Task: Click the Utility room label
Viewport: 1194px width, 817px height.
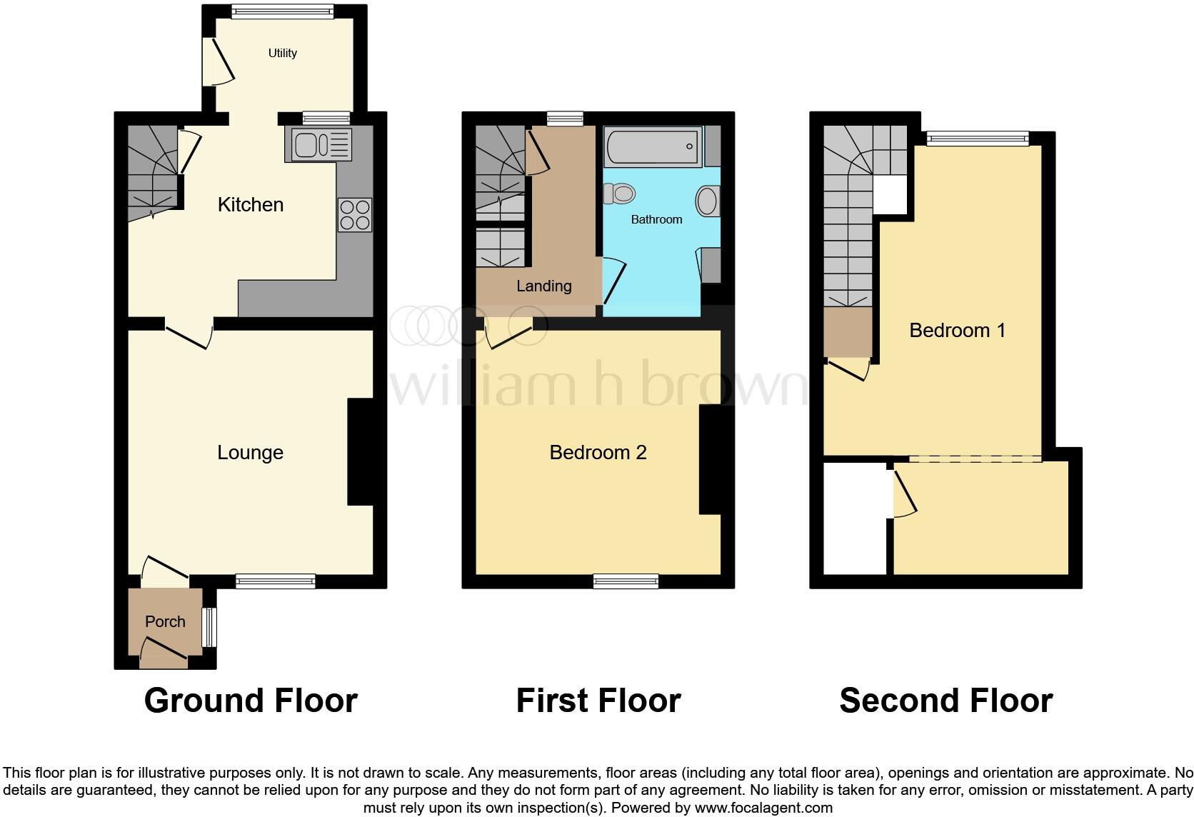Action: coord(282,53)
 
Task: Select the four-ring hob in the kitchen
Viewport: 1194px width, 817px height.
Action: coord(355,215)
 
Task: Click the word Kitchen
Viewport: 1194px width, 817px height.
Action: coord(250,205)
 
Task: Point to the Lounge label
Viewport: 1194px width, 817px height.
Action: coord(250,453)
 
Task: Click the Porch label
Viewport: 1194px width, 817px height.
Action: coord(165,622)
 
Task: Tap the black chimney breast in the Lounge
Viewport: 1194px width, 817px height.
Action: coord(361,452)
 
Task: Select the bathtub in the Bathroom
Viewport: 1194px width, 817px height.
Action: coord(653,146)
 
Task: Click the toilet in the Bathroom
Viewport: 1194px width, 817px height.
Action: coord(620,194)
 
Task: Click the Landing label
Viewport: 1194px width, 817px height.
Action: coord(543,286)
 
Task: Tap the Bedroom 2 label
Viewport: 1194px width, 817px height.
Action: coord(598,453)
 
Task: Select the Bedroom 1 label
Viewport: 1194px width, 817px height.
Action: coord(957,331)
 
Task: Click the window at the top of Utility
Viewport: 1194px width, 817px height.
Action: coord(282,11)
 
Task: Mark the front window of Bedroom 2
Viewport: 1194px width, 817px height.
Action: coord(626,582)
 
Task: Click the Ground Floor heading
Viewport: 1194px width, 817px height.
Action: coord(251,701)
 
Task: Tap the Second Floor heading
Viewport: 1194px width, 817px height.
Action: coord(945,701)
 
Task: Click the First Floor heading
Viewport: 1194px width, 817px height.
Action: coord(598,701)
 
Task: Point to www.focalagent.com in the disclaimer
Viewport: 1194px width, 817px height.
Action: coord(763,808)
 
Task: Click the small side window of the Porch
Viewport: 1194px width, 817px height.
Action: coord(209,627)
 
